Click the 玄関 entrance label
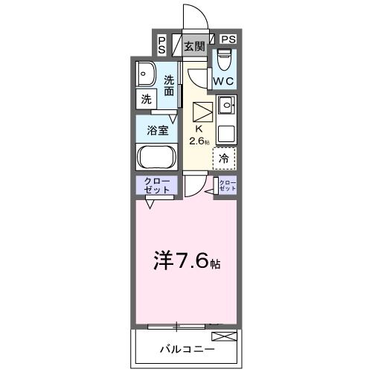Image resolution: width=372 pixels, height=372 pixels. click(x=195, y=46)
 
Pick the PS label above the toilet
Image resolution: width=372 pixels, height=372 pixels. click(x=228, y=39)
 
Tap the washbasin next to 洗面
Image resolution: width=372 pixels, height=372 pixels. click(x=146, y=74)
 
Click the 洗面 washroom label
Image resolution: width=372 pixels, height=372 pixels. click(x=170, y=86)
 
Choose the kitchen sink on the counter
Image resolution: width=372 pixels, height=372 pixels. click(x=225, y=103)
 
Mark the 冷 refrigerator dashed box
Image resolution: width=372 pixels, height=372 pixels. click(x=224, y=158)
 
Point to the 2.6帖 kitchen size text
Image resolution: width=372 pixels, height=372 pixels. click(x=199, y=141)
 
